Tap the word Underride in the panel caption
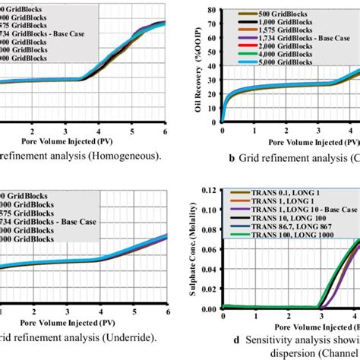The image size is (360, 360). [121, 336]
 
